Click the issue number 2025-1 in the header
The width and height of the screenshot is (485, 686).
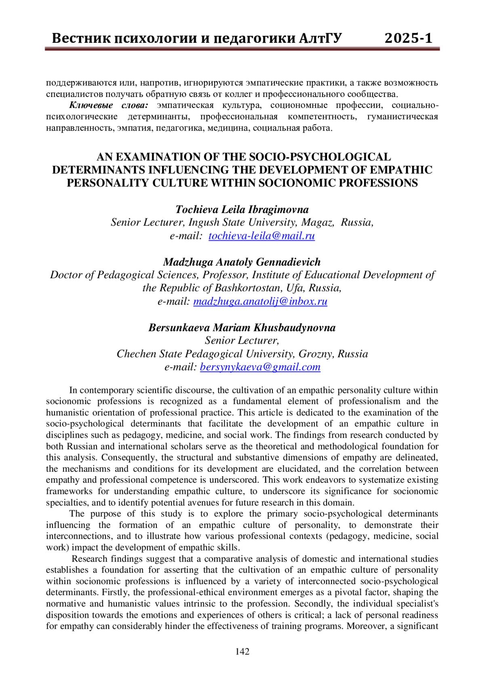[408, 38]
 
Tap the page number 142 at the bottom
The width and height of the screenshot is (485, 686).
[242, 651]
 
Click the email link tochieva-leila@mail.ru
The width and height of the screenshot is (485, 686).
[261, 236]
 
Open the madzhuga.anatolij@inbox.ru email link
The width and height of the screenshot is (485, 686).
[260, 302]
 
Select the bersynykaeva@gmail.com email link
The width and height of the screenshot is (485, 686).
[260, 367]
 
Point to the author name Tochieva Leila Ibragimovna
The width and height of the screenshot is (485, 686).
[242, 209]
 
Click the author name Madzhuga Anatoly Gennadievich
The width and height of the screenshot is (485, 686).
[242, 262]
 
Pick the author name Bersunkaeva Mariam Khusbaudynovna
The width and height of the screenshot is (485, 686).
[242, 327]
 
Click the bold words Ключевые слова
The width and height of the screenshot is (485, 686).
[109, 106]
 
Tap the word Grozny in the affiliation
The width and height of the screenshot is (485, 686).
[315, 354]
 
